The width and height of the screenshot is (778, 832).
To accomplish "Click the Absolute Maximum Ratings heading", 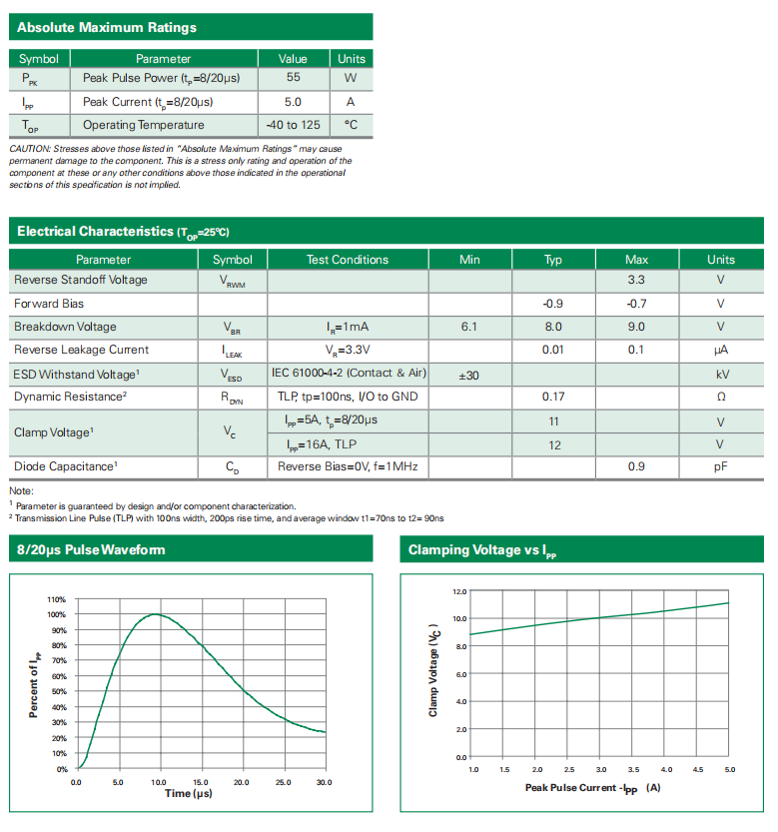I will (x=107, y=27).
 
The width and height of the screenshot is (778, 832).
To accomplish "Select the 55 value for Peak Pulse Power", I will (x=293, y=77).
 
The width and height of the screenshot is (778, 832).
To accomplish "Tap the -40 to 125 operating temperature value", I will (x=293, y=125).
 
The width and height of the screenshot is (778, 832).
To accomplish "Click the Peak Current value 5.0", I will (x=293, y=102).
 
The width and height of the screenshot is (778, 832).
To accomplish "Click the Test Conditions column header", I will (x=347, y=260).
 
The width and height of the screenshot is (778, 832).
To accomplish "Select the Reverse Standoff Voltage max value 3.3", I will (x=636, y=281).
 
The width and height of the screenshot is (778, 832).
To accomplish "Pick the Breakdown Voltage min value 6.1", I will (x=469, y=327).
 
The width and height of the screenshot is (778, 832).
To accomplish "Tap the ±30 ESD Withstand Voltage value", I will (x=469, y=375).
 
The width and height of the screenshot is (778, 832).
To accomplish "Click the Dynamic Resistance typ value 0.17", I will (x=553, y=397).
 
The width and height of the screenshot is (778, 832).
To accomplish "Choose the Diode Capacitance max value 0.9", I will (x=636, y=466).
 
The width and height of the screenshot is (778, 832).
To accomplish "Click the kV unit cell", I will (x=720, y=375).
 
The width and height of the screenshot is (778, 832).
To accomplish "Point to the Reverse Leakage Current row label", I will (x=81, y=350).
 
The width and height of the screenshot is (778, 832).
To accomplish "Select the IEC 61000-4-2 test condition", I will (x=349, y=374).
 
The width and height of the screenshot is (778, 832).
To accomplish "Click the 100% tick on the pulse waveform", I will (x=57, y=614).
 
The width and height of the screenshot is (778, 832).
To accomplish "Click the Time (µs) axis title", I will (x=188, y=793).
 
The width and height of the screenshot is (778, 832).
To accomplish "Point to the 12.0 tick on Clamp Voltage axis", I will (x=459, y=591).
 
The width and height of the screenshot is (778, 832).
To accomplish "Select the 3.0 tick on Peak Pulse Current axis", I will (x=601, y=770).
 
